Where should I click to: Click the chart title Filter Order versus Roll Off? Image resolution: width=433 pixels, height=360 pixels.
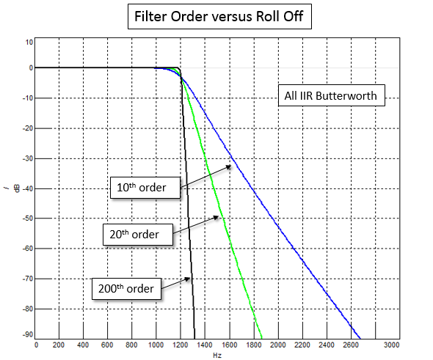click(x=216, y=15)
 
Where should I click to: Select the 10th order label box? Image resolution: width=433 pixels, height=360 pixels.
click(x=146, y=188)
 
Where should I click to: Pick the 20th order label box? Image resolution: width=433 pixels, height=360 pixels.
click(x=139, y=234)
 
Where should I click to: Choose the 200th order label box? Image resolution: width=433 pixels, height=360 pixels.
click(x=125, y=288)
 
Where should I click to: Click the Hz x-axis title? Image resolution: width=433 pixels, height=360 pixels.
click(x=217, y=355)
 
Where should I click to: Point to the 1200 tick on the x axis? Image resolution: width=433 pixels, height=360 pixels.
click(x=179, y=345)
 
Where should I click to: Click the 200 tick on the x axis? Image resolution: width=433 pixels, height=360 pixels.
click(x=59, y=345)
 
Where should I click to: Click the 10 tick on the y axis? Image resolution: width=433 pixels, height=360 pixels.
click(x=29, y=42)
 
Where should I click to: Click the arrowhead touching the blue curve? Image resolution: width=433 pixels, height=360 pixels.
click(x=230, y=166)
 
